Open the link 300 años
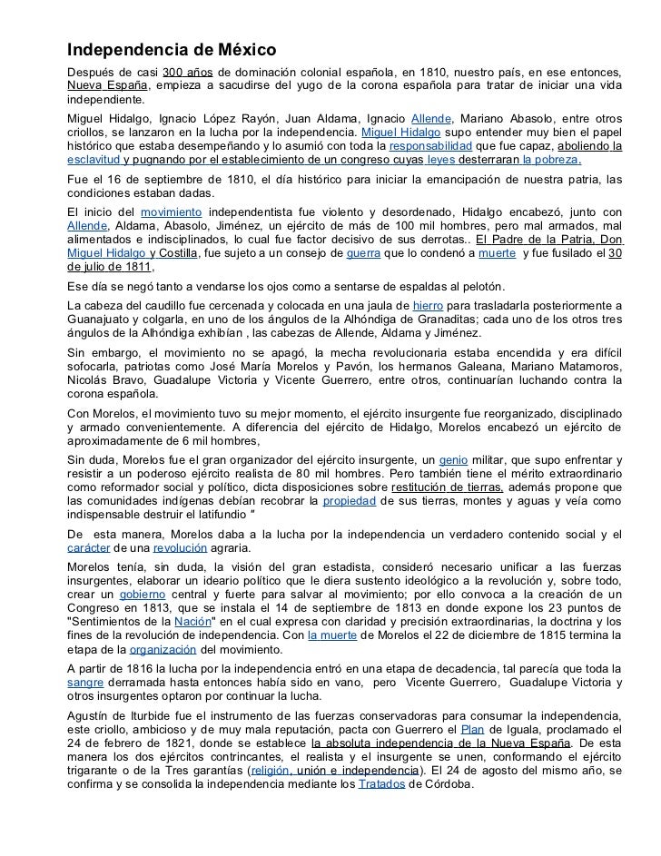pyautogui.click(x=186, y=72)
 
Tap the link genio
pyautogui.click(x=454, y=460)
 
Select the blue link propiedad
pyautogui.click(x=348, y=500)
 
